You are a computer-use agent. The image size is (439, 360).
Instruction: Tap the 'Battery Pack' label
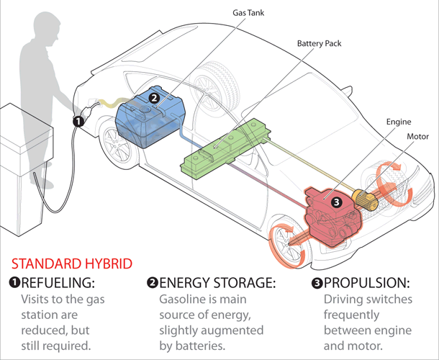point(319,44)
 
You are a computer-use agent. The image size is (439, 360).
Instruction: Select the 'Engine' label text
point(398,122)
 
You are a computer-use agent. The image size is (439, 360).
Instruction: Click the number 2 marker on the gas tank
point(154,98)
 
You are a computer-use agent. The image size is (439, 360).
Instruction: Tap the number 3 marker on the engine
point(335,202)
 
